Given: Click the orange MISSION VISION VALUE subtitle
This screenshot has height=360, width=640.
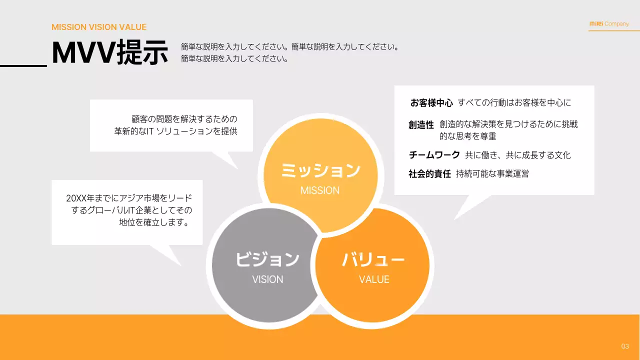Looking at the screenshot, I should [99, 27].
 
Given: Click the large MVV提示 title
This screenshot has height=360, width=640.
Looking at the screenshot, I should [110, 53].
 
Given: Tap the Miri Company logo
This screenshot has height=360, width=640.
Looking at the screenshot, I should [609, 24].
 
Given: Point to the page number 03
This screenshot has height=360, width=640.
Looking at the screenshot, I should [625, 346].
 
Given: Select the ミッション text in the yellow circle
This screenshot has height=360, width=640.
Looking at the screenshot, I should [320, 170].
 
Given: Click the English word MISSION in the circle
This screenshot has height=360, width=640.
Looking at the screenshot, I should [320, 190].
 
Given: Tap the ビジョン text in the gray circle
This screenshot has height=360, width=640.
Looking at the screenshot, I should [267, 259].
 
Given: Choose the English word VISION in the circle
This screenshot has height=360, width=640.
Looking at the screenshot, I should [267, 279].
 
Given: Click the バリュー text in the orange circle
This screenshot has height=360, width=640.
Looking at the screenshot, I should [373, 259].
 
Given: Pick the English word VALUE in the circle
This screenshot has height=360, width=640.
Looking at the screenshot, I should [374, 279].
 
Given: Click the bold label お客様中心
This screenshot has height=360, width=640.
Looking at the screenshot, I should [431, 103].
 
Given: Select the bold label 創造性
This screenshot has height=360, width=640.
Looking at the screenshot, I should [421, 125].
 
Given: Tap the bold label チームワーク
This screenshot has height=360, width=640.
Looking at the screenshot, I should [434, 155].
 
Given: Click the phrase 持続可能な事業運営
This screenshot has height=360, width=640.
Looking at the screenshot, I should [492, 174].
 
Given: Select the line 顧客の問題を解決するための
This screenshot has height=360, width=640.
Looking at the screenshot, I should [184, 119].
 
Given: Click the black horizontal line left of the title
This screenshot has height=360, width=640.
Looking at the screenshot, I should [23, 65].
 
